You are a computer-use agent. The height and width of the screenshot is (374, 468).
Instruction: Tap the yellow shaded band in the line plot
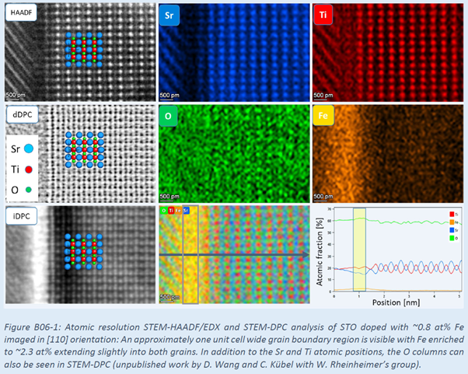pos(358,249)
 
